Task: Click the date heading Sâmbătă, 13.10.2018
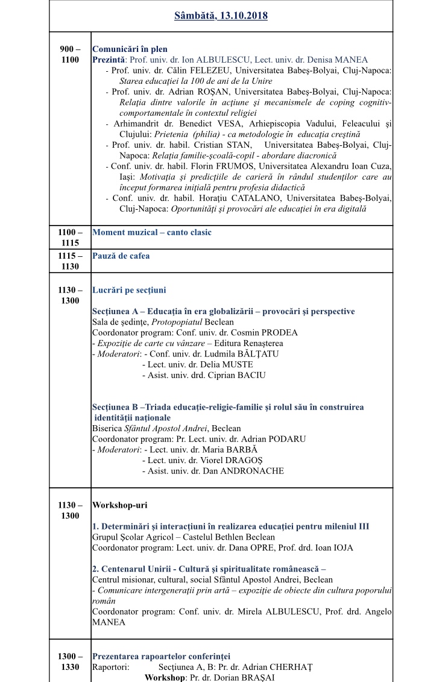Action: coord(221,16)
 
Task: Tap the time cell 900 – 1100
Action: coord(70,54)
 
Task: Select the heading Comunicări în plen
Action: coord(130,49)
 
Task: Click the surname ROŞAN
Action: coord(215,92)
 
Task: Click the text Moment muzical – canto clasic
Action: coord(152,232)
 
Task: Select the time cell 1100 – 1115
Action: coord(70,237)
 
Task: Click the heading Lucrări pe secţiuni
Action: coord(129,290)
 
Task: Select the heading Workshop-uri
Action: coord(119,505)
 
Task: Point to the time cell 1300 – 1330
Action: coord(70,661)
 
